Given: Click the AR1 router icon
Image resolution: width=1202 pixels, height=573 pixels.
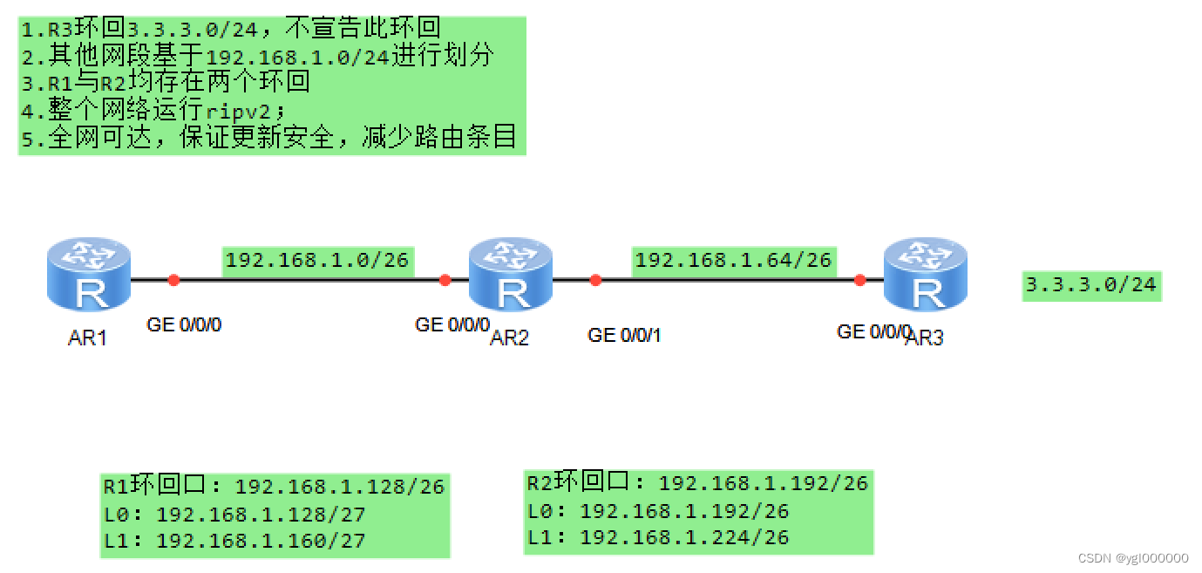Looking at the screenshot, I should (88, 276).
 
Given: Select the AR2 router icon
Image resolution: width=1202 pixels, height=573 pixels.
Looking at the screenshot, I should (510, 276).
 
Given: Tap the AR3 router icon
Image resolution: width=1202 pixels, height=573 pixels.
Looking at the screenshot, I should (925, 276).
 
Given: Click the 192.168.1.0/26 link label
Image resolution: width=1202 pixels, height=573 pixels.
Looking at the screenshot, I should (317, 260).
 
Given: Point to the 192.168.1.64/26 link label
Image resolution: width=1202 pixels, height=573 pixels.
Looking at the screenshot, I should (733, 260).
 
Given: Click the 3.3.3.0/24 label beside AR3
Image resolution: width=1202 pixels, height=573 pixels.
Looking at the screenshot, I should (1091, 284).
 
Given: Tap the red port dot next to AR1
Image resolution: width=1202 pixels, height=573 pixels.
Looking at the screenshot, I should (173, 280).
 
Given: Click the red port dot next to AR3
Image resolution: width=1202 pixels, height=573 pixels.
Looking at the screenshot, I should (859, 280).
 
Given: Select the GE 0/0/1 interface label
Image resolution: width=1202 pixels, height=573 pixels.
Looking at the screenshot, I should (624, 335).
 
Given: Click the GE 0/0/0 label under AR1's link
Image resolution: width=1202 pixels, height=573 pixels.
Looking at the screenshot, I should (184, 325).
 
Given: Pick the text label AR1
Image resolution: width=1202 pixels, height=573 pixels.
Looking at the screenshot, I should (87, 338).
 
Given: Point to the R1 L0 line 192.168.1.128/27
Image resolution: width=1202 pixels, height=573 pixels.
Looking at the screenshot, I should (234, 515).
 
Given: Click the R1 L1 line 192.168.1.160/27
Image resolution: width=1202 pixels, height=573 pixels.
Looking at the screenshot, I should (234, 541).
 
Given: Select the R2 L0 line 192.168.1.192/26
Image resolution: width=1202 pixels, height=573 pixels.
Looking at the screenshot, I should (658, 511).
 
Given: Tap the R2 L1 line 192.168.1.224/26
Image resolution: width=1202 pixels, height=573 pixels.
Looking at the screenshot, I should (658, 537).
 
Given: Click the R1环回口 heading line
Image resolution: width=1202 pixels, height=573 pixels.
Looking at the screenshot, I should (274, 487).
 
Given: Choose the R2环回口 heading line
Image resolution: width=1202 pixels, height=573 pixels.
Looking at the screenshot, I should (697, 482).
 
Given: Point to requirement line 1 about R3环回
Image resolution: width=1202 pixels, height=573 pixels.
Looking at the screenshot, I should (231, 29).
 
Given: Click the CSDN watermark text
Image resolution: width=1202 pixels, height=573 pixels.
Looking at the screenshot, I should (1133, 558).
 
